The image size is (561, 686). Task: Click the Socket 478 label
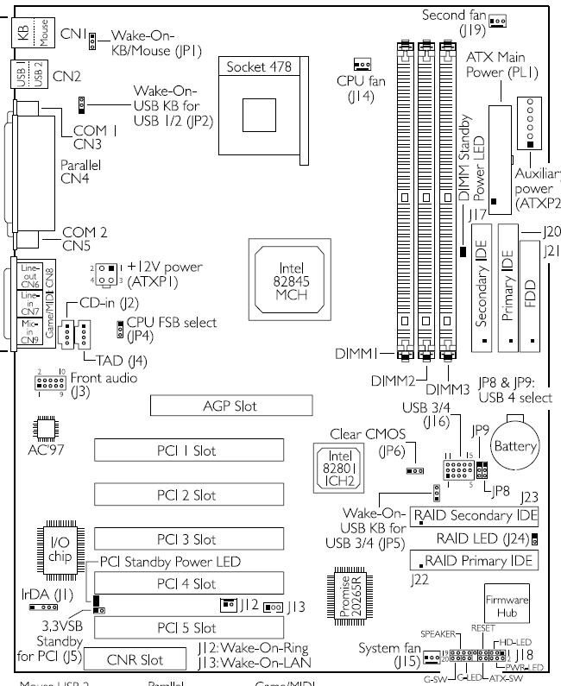[x=261, y=66]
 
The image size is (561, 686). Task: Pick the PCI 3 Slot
[x=192, y=539]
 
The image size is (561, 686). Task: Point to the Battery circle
[x=514, y=447]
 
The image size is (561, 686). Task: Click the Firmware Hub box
[x=507, y=603]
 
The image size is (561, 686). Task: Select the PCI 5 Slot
[x=192, y=627]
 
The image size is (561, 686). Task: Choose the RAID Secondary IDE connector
[x=474, y=516]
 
